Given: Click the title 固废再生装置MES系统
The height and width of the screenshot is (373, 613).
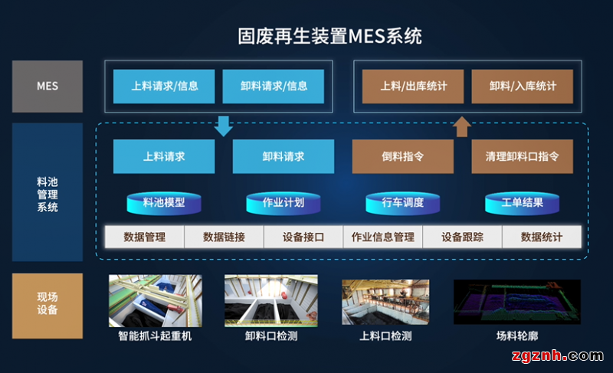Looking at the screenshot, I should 330,36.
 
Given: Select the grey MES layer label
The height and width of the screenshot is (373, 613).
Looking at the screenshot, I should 48,87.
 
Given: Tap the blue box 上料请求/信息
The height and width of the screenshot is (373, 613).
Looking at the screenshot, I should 165,87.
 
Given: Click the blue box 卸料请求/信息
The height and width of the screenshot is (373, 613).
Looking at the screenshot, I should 274,87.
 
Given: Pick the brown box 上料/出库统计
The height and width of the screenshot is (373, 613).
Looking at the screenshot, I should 413,87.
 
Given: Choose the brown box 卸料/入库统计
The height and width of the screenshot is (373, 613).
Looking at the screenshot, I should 523,87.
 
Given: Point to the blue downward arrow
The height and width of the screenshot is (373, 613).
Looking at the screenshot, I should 224,125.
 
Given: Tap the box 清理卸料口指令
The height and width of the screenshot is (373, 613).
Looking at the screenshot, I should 522,156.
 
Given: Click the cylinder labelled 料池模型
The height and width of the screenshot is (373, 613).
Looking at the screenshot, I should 164,203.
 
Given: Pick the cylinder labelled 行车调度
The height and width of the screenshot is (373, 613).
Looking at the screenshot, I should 403,203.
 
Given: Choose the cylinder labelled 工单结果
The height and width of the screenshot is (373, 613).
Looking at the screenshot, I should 522,203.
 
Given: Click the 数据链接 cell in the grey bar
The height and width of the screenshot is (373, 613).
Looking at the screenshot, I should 224,237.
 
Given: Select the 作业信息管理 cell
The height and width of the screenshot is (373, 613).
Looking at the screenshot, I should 382,237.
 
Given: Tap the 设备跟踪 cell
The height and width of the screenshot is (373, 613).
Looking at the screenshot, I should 462,237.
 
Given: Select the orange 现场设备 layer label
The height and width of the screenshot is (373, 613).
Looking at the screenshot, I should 48,303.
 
